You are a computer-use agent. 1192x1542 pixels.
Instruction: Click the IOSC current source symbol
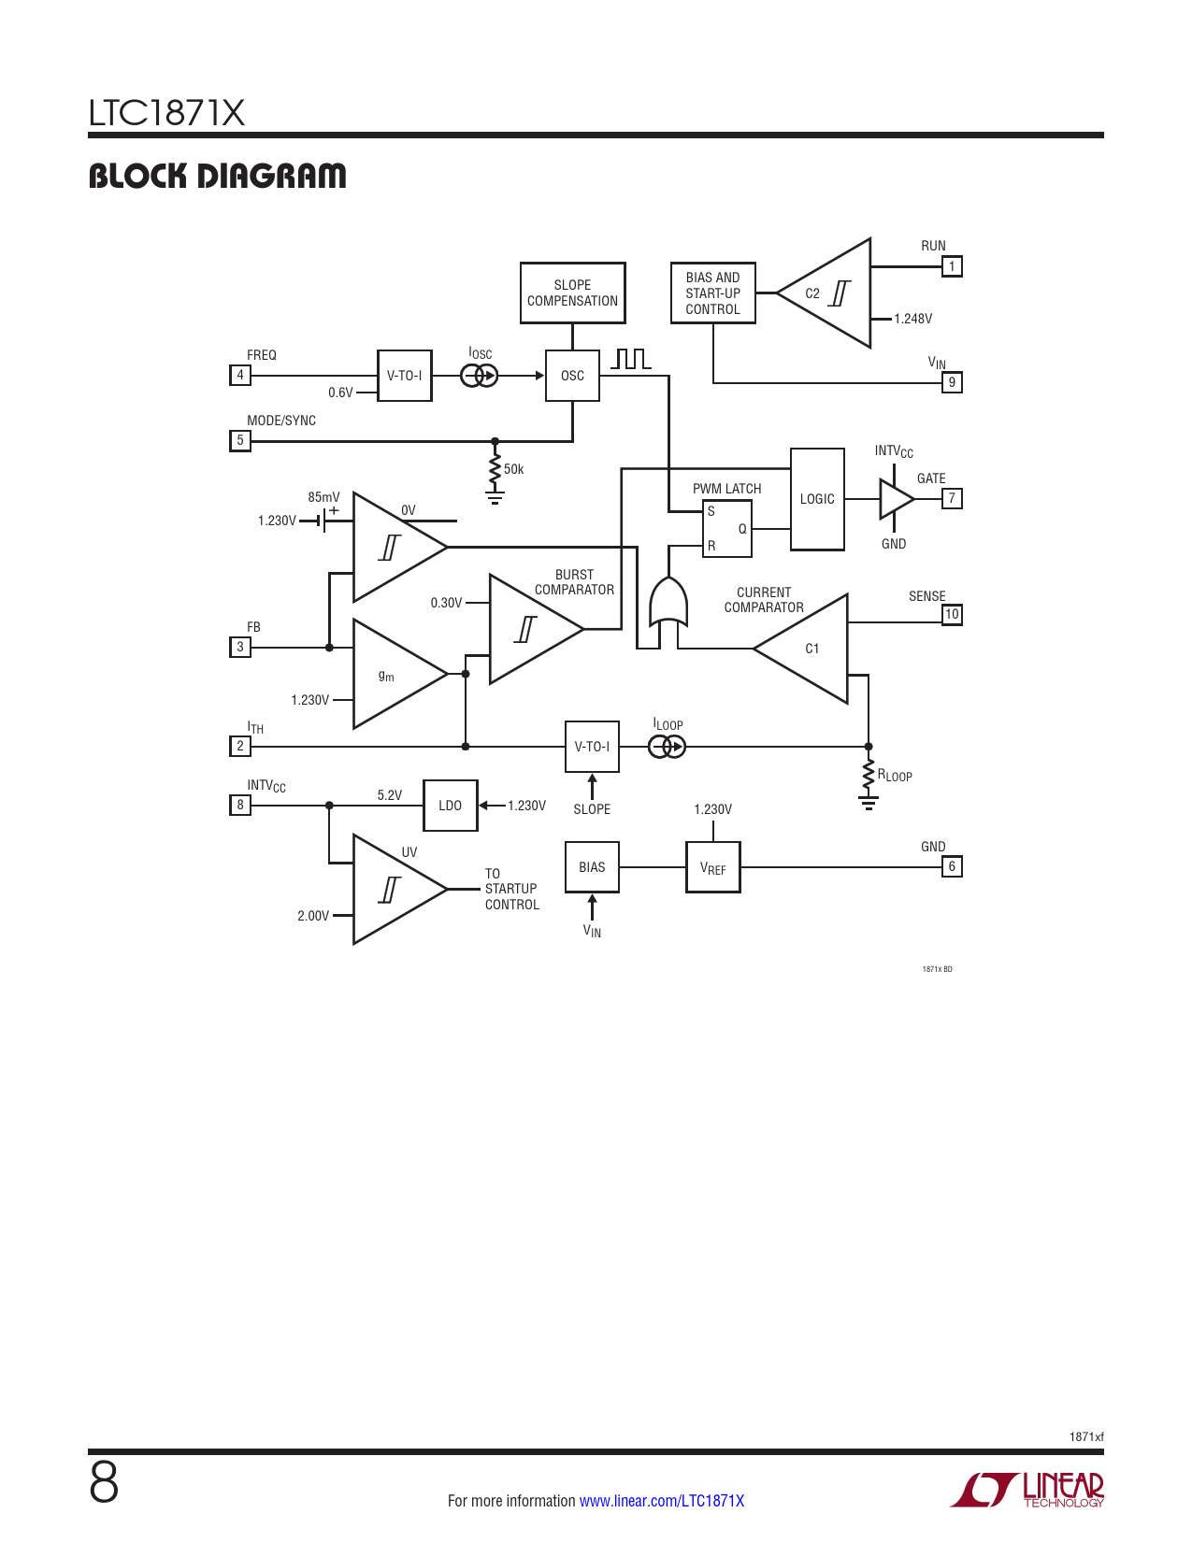pos(480,376)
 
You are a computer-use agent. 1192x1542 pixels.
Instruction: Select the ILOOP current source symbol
pos(667,747)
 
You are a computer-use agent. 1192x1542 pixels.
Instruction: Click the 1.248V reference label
pos(913,319)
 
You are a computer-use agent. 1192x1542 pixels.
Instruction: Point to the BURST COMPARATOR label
pos(574,582)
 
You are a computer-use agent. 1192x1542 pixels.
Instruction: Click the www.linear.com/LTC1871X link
pos(662,1501)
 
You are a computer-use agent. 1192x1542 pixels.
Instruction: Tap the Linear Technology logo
pos(1027,1491)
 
